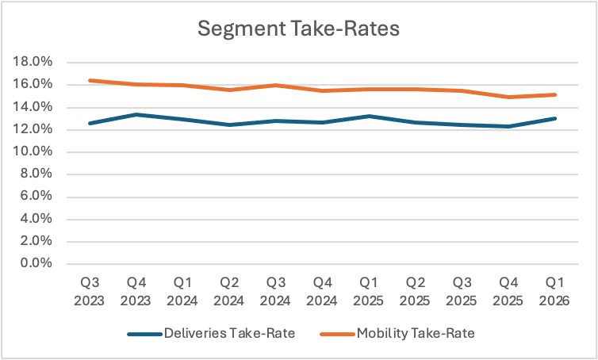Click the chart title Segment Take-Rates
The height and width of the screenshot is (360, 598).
tap(299, 29)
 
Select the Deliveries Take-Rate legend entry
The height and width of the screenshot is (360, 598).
tap(211, 334)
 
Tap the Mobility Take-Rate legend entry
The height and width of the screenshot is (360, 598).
tap(397, 334)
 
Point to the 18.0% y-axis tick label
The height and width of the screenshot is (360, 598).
tap(33, 61)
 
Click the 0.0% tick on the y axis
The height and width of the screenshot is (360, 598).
tap(36, 263)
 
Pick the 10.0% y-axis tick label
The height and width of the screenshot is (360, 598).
tap(33, 151)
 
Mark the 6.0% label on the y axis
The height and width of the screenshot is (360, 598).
tap(36, 196)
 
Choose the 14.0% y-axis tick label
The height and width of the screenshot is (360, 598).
tap(33, 106)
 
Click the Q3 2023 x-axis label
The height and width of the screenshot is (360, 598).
tap(90, 292)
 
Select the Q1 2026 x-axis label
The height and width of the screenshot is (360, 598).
tap(554, 292)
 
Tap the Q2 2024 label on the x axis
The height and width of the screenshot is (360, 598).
tap(229, 292)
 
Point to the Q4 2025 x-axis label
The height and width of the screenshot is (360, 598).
tap(508, 292)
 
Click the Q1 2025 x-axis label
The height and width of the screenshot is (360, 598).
tap(368, 292)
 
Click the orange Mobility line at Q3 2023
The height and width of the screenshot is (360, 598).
tap(90, 80)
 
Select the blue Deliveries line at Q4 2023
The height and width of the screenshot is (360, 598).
tap(136, 114)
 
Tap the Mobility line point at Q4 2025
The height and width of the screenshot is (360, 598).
tap(508, 97)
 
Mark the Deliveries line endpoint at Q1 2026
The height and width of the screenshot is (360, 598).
tap(554, 119)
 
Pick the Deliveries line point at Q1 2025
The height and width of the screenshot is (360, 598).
tap(369, 116)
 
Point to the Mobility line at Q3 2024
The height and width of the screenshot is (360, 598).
tap(276, 85)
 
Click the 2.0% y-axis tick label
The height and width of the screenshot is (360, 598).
tap(36, 241)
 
